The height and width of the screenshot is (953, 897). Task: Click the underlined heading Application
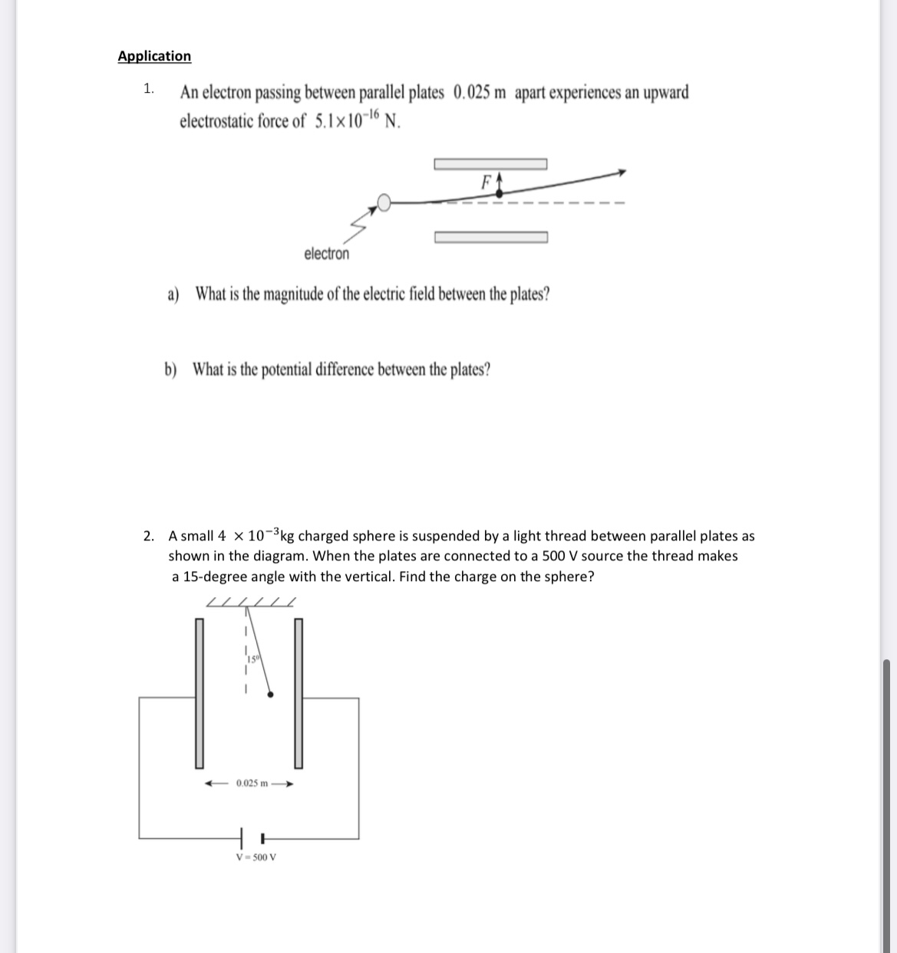pyautogui.click(x=154, y=56)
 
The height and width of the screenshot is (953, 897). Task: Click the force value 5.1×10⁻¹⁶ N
pyautogui.click(x=358, y=121)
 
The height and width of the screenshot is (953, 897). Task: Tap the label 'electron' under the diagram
pyautogui.click(x=326, y=254)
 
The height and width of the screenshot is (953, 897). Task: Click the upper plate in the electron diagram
pyautogui.click(x=490, y=163)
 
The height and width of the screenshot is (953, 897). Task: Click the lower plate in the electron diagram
pyautogui.click(x=490, y=237)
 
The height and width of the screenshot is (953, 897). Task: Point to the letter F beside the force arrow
pyautogui.click(x=484, y=182)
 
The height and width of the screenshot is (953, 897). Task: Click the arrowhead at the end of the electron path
pyautogui.click(x=623, y=173)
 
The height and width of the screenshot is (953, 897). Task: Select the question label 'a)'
pyautogui.click(x=173, y=294)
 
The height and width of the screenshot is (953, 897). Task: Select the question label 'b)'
pyautogui.click(x=170, y=370)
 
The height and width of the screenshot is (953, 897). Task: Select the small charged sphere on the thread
pyautogui.click(x=270, y=695)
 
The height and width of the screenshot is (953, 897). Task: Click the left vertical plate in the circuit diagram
pyautogui.click(x=200, y=692)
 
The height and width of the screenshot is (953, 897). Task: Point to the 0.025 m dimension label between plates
pyautogui.click(x=252, y=784)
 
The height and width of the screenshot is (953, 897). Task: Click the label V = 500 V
pyautogui.click(x=256, y=857)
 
